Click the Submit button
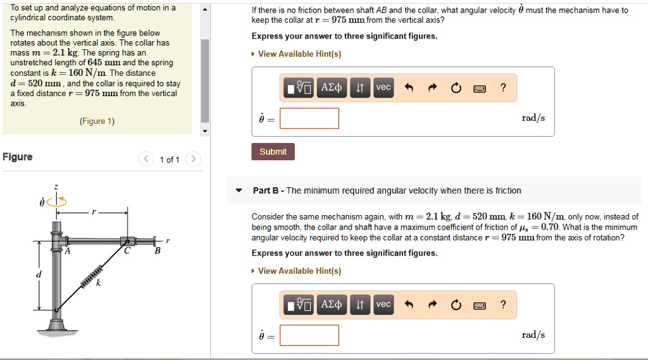coord(273,152)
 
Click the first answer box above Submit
coord(309,118)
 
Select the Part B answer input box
coord(309,335)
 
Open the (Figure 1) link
coord(97,121)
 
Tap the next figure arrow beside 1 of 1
coord(194,159)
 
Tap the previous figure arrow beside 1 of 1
coord(146,159)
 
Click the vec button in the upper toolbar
coord(383,88)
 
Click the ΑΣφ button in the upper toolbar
coord(332,88)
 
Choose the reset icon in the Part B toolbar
coord(456,306)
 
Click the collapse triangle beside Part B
coord(239,190)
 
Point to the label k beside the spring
coord(98,284)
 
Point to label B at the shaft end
coord(158,251)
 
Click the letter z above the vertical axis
coord(56,187)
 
